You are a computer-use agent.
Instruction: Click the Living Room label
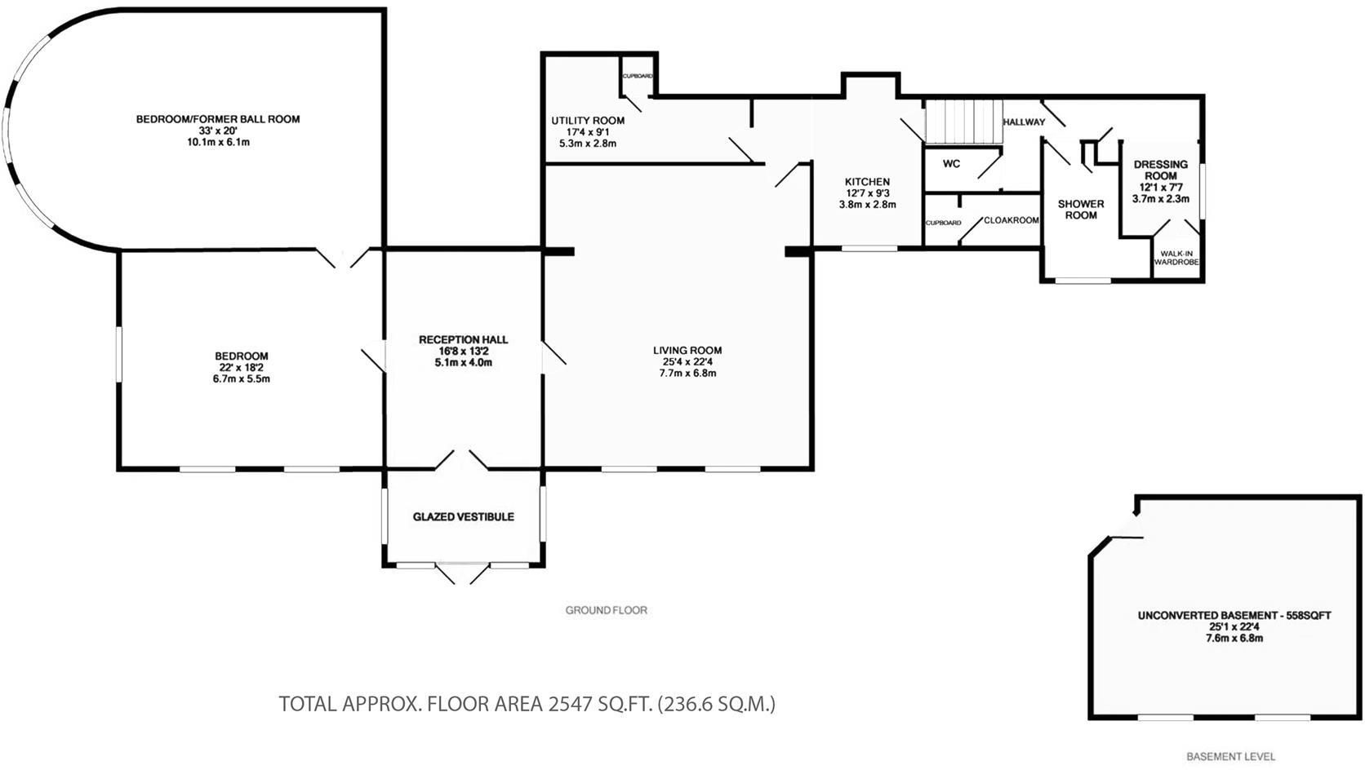click(687, 351)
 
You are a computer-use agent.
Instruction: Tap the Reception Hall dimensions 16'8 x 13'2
click(463, 352)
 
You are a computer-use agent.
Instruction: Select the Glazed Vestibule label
click(463, 517)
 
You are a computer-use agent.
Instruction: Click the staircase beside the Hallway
click(963, 121)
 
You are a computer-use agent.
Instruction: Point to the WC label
click(951, 164)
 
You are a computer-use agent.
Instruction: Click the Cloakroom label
click(1011, 220)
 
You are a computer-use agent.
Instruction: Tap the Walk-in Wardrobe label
click(1176, 259)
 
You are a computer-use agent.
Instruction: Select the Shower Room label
click(1081, 210)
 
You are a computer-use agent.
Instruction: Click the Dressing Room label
click(1160, 170)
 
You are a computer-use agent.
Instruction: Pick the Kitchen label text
click(867, 182)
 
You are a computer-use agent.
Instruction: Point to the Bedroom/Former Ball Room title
click(218, 119)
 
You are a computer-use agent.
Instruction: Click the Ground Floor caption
click(607, 610)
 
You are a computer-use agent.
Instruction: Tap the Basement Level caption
click(1230, 757)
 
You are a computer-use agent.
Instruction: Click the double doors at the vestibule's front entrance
click(463, 573)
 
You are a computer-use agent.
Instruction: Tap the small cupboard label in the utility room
click(638, 76)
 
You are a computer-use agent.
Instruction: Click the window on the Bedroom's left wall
click(118, 353)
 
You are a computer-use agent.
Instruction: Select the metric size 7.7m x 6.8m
click(687, 374)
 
